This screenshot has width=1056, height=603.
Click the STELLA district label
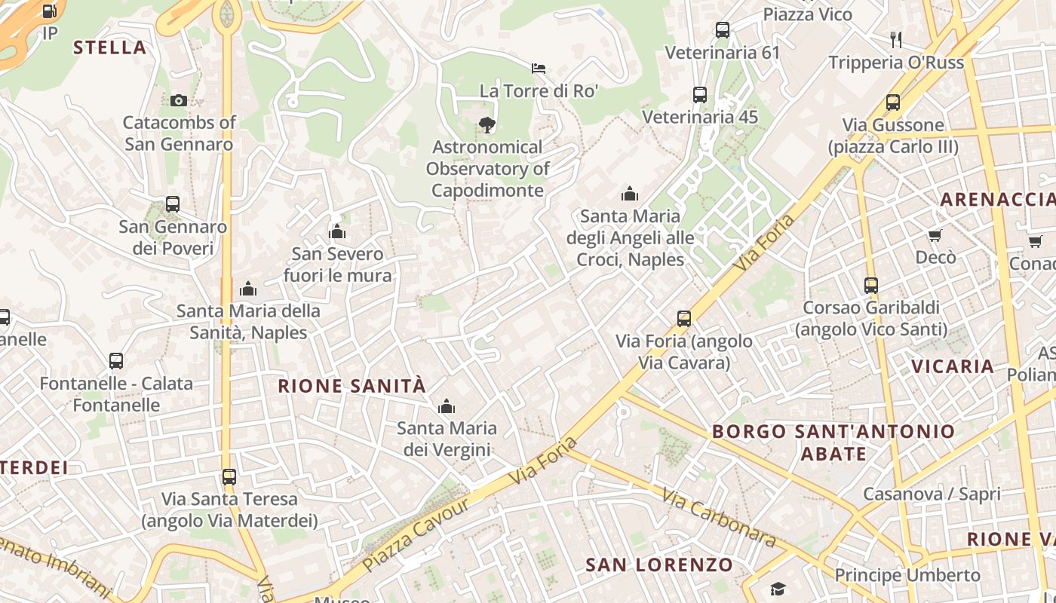pyautogui.click(x=109, y=47)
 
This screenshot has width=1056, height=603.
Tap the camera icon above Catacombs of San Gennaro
pyautogui.click(x=179, y=100)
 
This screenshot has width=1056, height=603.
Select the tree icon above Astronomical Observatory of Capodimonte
pyautogui.click(x=487, y=125)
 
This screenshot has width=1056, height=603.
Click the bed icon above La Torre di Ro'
pyautogui.click(x=539, y=69)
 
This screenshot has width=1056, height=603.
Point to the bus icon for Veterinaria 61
pyautogui.click(x=722, y=31)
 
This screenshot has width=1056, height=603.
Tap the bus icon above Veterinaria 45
pyautogui.click(x=700, y=95)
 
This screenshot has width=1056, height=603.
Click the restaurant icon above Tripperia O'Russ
pyautogui.click(x=896, y=39)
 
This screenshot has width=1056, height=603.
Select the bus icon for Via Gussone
pyautogui.click(x=893, y=103)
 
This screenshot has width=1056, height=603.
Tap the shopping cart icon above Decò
pyautogui.click(x=935, y=235)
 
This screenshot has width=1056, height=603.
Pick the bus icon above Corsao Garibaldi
pyautogui.click(x=871, y=286)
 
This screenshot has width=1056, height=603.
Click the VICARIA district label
pyautogui.click(x=953, y=366)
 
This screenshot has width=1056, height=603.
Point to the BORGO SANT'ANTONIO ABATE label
pyautogui.click(x=833, y=442)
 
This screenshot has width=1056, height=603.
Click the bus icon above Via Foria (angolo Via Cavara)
pyautogui.click(x=684, y=319)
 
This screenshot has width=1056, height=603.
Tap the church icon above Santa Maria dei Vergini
pyautogui.click(x=447, y=406)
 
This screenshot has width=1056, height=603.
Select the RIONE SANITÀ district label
pyautogui.click(x=351, y=387)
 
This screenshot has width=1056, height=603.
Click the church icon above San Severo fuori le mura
pyautogui.click(x=337, y=231)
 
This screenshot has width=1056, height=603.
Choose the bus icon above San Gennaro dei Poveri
pyautogui.click(x=173, y=204)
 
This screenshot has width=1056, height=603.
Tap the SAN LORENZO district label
pyautogui.click(x=659, y=565)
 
